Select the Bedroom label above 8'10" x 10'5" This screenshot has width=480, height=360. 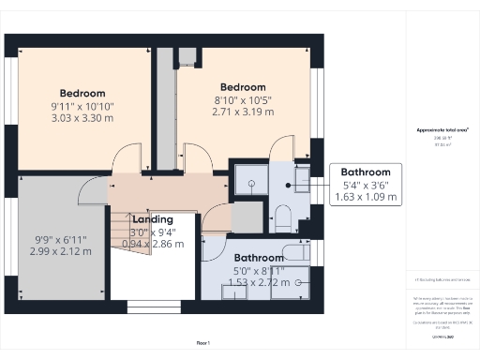(243, 87)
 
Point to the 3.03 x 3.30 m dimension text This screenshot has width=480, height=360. (82, 119)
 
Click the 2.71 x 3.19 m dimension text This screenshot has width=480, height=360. (243, 112)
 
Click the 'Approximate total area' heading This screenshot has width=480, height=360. (442, 130)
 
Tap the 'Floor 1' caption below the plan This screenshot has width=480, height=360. (203, 343)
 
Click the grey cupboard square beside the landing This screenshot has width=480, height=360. (247, 217)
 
